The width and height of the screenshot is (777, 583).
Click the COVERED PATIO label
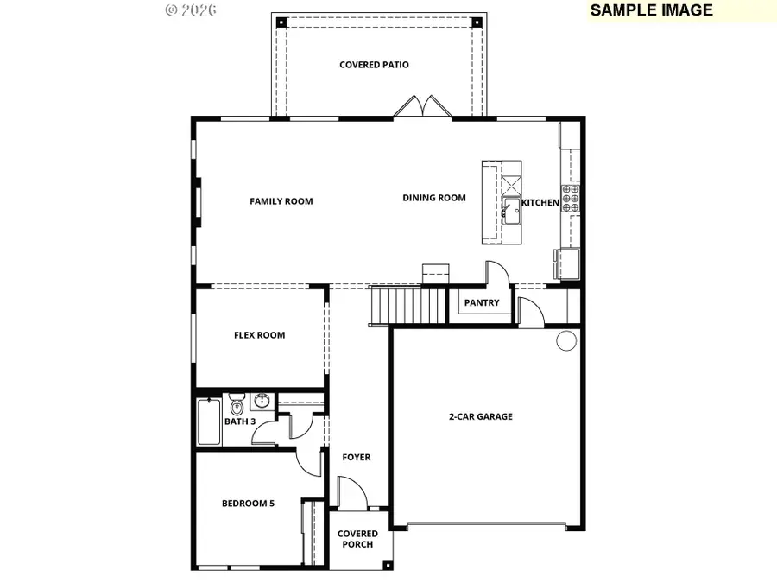click(374, 65)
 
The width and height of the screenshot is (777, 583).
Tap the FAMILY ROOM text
click(281, 201)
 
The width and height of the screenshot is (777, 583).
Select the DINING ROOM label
click(433, 198)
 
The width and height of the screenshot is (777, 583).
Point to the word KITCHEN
click(540, 202)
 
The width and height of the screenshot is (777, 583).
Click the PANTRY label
click(482, 303)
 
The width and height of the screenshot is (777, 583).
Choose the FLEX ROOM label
click(259, 335)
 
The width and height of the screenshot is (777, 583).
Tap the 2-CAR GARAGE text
click(480, 416)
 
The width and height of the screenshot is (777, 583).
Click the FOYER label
click(356, 457)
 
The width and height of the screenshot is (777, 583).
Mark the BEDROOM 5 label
click(248, 504)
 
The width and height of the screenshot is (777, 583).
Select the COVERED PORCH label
click(357, 539)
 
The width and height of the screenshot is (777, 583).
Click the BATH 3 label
click(240, 421)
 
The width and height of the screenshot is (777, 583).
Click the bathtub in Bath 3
click(209, 421)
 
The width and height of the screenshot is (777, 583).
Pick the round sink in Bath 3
click(262, 401)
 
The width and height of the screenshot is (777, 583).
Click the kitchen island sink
click(511, 210)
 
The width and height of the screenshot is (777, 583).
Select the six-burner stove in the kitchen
click(571, 199)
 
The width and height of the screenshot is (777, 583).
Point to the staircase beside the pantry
click(408, 306)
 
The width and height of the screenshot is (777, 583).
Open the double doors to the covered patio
click(422, 107)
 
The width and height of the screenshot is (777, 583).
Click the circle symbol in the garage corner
click(565, 340)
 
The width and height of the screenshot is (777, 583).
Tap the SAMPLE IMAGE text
click(652, 10)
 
